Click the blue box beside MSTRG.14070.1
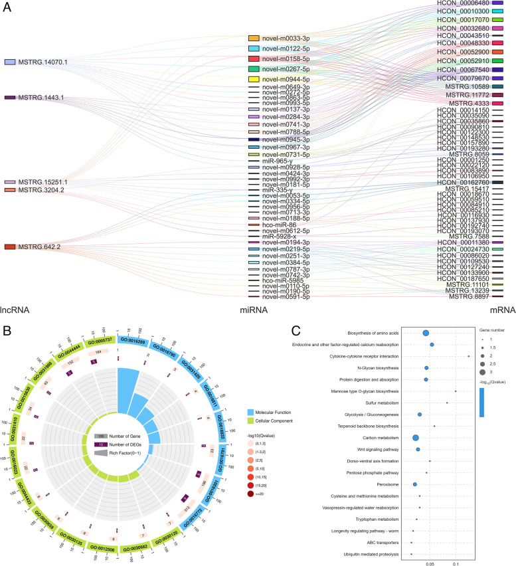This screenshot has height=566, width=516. (x=10, y=62)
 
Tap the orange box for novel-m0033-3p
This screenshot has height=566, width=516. (x=253, y=39)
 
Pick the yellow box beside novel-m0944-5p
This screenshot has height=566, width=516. (x=253, y=79)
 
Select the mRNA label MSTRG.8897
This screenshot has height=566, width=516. (x=468, y=296)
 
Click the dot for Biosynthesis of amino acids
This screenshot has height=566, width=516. (x=426, y=333)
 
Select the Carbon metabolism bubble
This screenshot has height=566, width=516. (x=416, y=438)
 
